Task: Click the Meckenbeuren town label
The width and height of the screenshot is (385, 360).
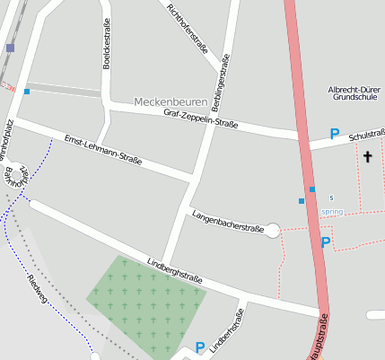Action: (x=170, y=101)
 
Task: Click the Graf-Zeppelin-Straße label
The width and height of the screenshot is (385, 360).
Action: (x=200, y=119)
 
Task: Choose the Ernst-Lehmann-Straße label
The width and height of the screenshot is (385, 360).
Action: (x=103, y=150)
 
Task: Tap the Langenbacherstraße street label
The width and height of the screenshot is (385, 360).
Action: (x=228, y=222)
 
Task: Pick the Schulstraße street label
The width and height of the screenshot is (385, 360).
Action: (x=367, y=134)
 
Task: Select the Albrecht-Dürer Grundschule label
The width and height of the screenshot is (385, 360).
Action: (x=356, y=94)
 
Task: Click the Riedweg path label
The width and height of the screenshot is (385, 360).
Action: (x=38, y=289)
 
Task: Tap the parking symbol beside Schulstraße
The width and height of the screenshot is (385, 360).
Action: (x=334, y=135)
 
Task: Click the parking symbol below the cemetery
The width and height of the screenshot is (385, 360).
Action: (x=199, y=347)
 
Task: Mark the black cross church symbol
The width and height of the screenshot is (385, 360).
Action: (x=367, y=157)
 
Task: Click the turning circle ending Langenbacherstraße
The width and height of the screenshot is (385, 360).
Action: (x=274, y=231)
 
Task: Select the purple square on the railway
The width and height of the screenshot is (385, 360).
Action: (x=10, y=48)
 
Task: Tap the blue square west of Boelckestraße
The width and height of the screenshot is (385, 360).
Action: (x=27, y=92)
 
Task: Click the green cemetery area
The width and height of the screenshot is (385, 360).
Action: (x=144, y=292)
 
